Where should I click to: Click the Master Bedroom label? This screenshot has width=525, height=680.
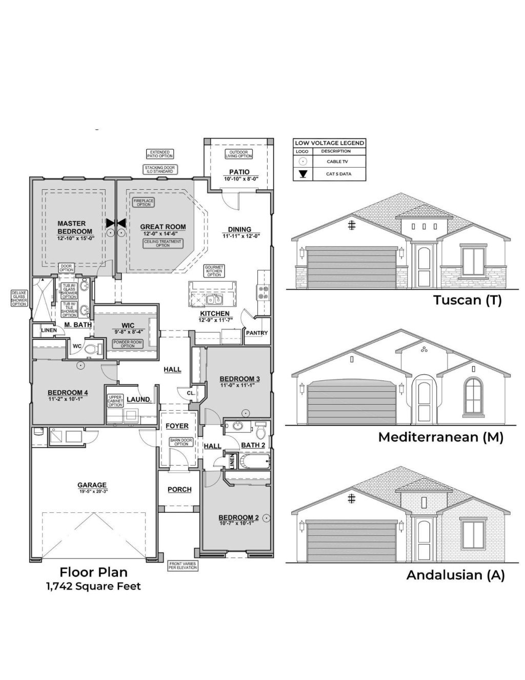(x=75, y=227)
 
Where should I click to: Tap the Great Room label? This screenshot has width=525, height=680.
(x=163, y=227)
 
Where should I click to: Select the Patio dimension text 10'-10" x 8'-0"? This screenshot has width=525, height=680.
(x=241, y=179)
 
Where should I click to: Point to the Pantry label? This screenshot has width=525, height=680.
(x=256, y=333)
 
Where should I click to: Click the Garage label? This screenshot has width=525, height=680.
(x=92, y=485)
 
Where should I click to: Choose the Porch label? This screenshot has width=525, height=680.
(x=179, y=489)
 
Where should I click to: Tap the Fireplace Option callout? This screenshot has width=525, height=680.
(x=144, y=203)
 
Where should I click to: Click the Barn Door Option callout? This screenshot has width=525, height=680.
(x=181, y=442)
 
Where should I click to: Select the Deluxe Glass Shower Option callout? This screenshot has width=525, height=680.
(x=19, y=298)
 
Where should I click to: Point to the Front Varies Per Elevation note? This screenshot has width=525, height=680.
(x=183, y=566)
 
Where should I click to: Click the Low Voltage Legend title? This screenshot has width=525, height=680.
(x=330, y=143)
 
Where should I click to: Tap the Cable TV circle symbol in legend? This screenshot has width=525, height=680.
(x=304, y=162)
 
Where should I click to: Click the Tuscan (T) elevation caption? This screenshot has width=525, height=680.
(x=467, y=300)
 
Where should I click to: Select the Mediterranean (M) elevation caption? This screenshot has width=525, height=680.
(x=440, y=437)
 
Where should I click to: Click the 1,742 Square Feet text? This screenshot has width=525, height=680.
(x=93, y=586)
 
